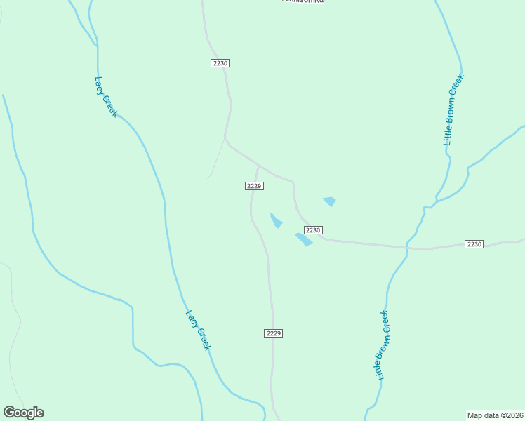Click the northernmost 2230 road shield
tap(220, 63)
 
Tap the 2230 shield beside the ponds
tap(313, 230)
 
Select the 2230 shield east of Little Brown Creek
tap(474, 244)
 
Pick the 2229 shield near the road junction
tap(254, 185)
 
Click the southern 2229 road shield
tap(274, 333)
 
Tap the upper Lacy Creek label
tap(106, 97)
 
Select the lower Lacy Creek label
tap(198, 330)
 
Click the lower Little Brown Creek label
tap(381, 345)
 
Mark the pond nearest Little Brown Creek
tap(329, 201)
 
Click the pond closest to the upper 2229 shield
tap(277, 221)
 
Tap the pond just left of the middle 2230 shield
tap(303, 239)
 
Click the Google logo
tap(23, 413)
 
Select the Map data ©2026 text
tap(495, 415)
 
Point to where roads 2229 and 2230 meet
tap(258, 166)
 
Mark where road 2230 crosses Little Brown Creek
tap(407, 247)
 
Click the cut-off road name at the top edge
tap(303, 1)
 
